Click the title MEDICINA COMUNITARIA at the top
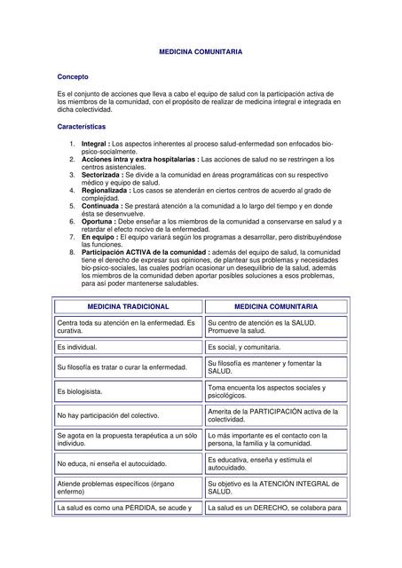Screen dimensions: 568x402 pyautogui.click(x=201, y=53)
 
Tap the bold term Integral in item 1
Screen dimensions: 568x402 pyautogui.click(x=95, y=143)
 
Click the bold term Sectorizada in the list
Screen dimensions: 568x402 pyautogui.click(x=101, y=175)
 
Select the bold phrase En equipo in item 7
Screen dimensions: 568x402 pyautogui.click(x=99, y=237)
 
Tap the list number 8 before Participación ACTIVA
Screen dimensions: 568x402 pyautogui.click(x=71, y=252)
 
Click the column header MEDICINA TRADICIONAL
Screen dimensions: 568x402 pyautogui.click(x=127, y=306)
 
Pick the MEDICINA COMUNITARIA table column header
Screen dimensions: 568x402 pyautogui.click(x=275, y=306)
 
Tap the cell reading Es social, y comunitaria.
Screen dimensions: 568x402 pyautogui.click(x=244, y=347)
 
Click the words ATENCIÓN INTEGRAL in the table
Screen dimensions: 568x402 pyautogui.click(x=305, y=483)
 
